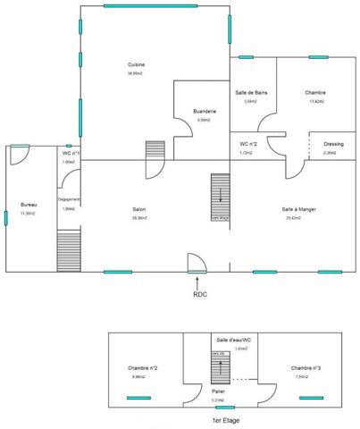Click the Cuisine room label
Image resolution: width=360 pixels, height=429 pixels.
point(136,64)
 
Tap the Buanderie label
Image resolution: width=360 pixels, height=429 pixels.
point(205,111)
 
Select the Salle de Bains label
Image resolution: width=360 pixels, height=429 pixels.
point(252,93)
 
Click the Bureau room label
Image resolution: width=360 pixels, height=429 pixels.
point(29,206)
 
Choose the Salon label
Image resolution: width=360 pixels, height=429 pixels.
point(139,209)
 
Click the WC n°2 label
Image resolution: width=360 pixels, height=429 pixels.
point(249,143)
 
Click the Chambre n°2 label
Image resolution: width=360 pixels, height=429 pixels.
point(143,367)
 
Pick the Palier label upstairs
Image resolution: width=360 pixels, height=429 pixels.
point(218,391)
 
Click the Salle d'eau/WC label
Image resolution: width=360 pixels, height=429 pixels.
point(234,340)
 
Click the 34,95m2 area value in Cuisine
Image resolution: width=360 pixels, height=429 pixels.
point(136,73)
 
